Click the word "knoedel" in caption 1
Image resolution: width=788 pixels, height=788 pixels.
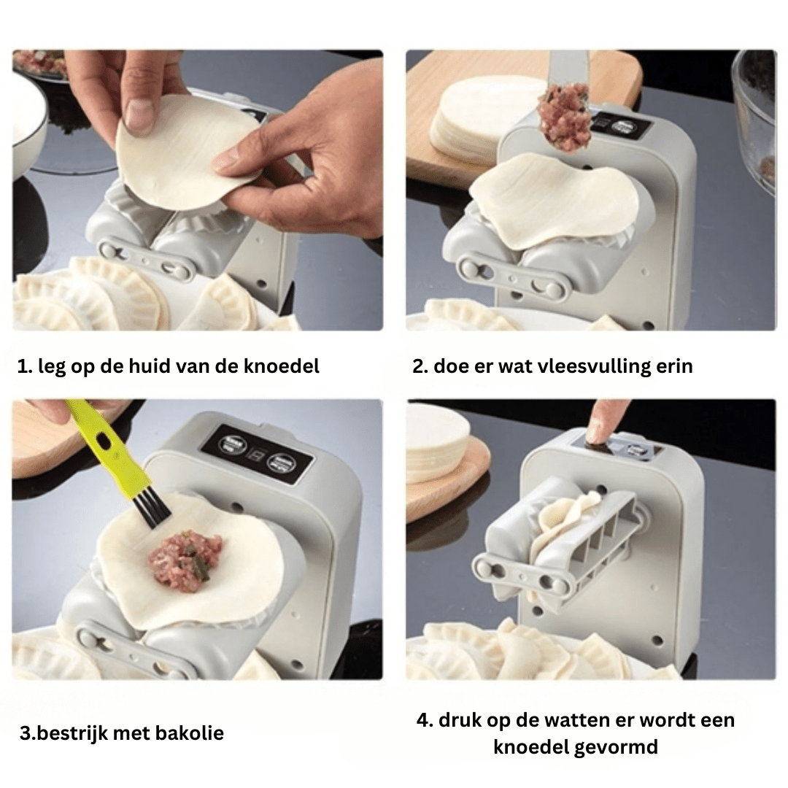tap(282, 366)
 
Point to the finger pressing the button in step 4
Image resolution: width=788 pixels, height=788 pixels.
tap(605, 424)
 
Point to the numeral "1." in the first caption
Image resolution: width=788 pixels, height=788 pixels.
tap(25, 366)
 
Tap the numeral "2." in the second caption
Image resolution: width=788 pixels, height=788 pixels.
tap(420, 366)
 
